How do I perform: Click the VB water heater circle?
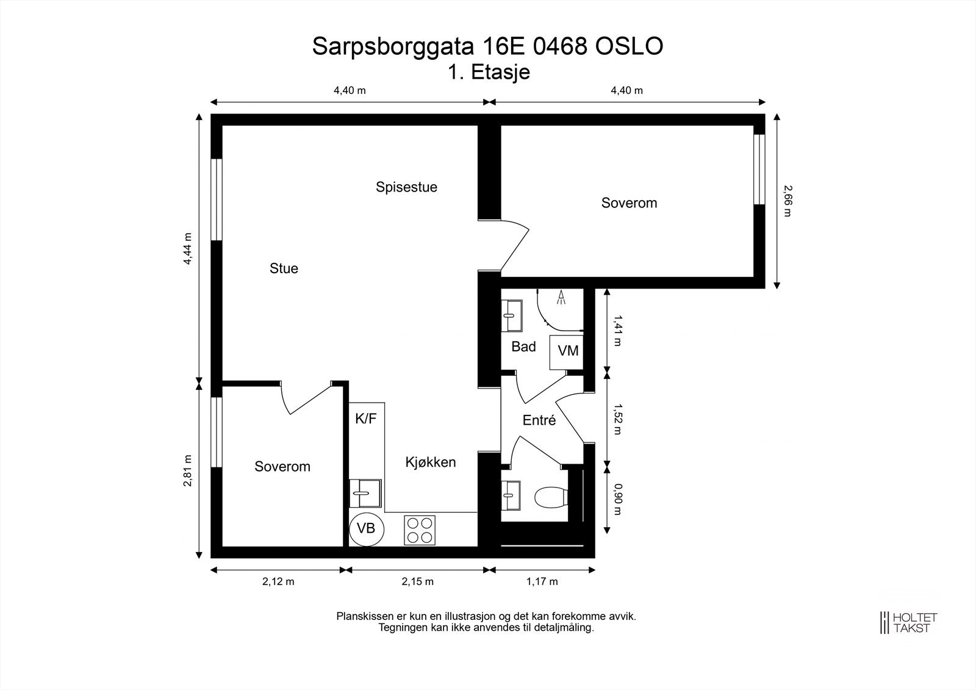(366, 528)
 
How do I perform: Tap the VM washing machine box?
(567, 351)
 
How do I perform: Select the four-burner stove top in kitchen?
(420, 530)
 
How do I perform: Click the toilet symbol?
(550, 497)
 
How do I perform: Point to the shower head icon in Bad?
(561, 298)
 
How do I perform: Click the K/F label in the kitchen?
(366, 419)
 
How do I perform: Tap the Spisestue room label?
(406, 187)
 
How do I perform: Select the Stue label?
(284, 268)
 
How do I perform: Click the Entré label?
(539, 420)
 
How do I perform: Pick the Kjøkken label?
(431, 462)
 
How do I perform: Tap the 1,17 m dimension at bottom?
(542, 581)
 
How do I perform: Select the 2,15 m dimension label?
(417, 581)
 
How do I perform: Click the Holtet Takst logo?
(909, 622)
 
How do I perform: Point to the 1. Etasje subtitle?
(489, 72)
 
